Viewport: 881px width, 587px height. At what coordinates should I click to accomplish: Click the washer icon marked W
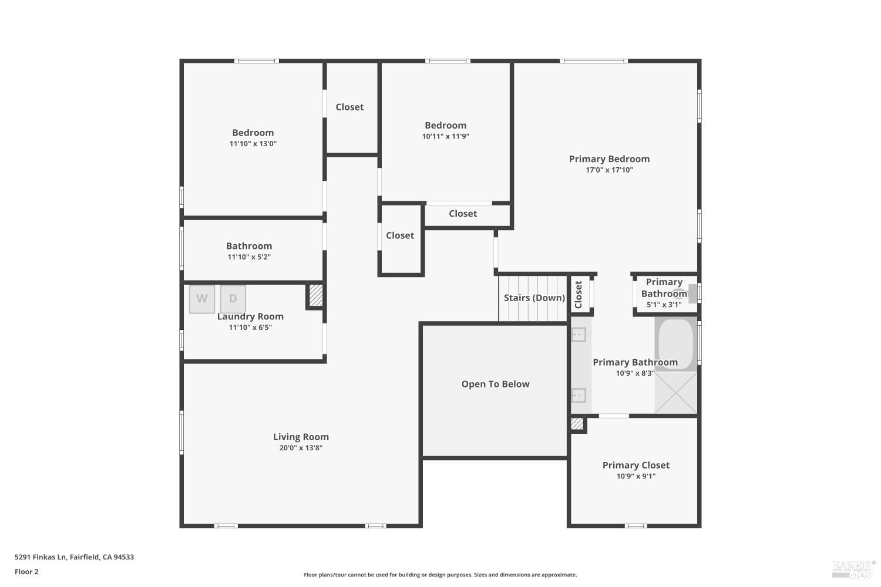coord(202,299)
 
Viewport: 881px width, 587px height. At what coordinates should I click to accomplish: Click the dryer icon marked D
coord(233,299)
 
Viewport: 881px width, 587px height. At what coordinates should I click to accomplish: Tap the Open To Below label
coord(495,384)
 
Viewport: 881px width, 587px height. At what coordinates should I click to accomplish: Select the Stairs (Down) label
coord(534,298)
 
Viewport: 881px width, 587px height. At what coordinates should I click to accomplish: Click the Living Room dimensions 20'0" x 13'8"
coord(301,448)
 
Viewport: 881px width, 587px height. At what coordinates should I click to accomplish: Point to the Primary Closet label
coord(635,465)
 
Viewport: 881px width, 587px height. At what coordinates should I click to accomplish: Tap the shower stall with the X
coord(676,393)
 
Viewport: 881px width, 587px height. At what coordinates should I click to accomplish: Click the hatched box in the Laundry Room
coord(316,295)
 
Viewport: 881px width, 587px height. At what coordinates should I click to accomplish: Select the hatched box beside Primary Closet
coord(577,424)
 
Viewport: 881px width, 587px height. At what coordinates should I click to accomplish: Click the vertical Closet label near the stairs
coord(579,295)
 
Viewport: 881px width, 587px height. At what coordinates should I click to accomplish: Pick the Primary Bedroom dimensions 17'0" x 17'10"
coord(609,170)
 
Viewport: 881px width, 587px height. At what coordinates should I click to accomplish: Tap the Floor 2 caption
coord(26,572)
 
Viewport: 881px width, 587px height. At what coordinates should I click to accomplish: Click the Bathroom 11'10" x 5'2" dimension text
coord(249,257)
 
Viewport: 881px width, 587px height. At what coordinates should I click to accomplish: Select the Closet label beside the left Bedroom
coord(349,107)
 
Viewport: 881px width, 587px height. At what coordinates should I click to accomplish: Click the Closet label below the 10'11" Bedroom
coord(463,214)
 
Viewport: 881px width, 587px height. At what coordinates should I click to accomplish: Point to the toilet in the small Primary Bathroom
coord(687,293)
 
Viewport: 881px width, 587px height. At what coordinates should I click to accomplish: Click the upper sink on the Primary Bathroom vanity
coord(579,335)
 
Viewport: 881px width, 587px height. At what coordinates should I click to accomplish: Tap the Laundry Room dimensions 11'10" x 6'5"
coord(250,328)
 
